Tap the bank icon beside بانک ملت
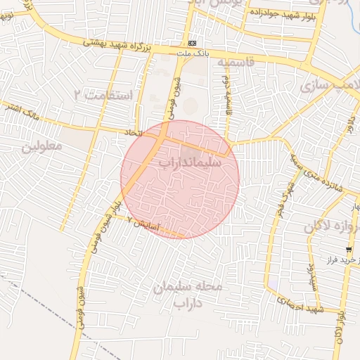(192, 44)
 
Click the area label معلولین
(42, 146)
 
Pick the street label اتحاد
(133, 131)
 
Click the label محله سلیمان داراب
(187, 295)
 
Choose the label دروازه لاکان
(332, 226)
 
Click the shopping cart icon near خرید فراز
(349, 250)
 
